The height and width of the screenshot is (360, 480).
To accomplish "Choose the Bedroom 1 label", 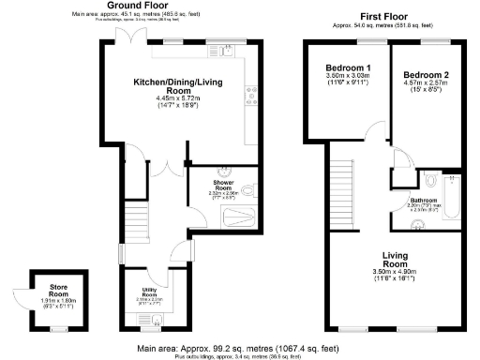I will point(348,69).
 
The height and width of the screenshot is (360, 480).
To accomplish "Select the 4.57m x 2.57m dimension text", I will point(427,85).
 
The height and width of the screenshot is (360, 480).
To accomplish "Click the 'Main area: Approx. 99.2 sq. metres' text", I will point(236,347).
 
